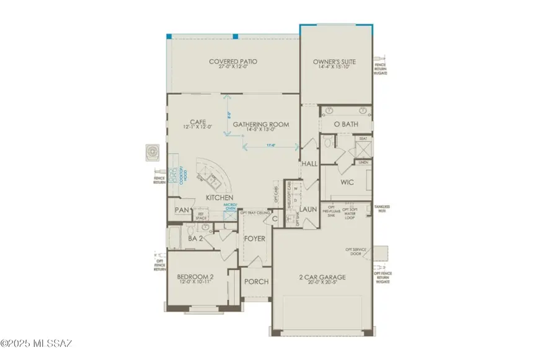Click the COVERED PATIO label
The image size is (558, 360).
coord(233,62)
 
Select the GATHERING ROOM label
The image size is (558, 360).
coord(261,125)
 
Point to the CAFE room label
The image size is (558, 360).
coord(198,121)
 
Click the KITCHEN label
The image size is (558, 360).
coord(219,198)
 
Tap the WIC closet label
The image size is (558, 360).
coord(346,183)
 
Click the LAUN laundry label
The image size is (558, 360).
coord(309,209)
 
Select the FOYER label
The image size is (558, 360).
coord(255,239)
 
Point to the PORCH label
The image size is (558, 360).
coord(256,281)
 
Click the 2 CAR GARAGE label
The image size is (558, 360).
coord(321,277)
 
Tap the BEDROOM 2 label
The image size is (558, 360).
coord(195,276)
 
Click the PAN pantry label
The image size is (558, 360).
coord(181,211)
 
